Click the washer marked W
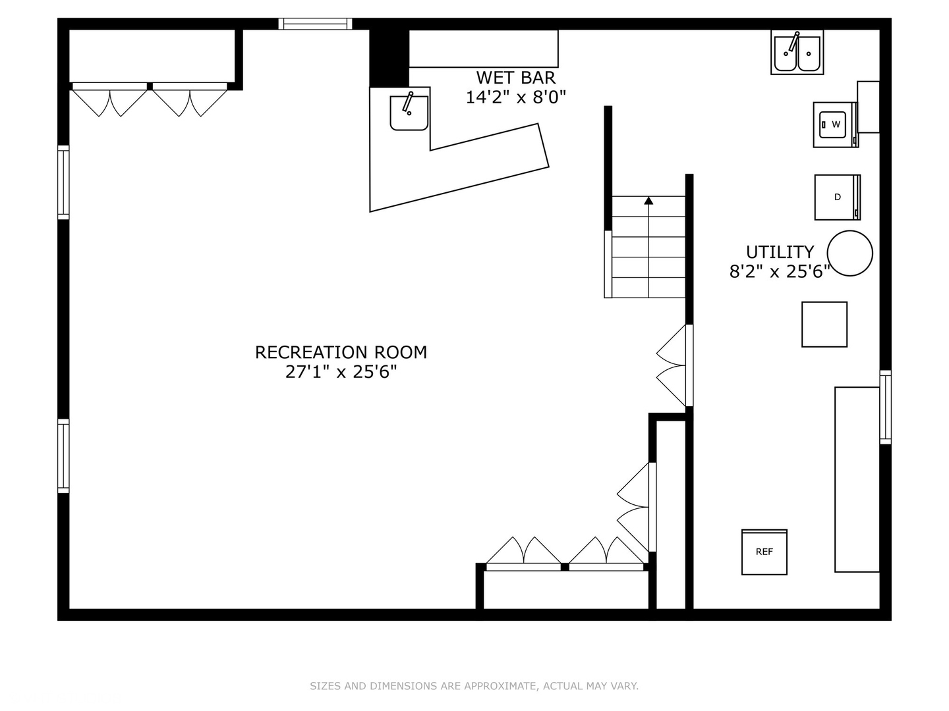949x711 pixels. tap(834, 124)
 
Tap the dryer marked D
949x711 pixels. tap(836, 197)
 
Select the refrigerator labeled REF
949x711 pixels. tap(764, 552)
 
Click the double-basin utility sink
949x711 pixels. tap(797, 53)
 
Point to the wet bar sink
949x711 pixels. tap(409, 113)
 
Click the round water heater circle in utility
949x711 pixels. tap(849, 253)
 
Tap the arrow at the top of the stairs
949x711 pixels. tap(648, 200)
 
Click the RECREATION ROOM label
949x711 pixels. tap(341, 352)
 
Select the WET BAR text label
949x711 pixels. tap(515, 78)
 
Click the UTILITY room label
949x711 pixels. tap(780, 252)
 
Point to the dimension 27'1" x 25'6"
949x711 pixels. tap(341, 372)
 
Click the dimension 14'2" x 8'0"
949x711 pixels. tap(515, 97)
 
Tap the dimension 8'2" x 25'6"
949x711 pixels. tap(779, 272)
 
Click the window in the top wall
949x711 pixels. tap(315, 24)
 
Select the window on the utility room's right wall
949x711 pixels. tap(885, 407)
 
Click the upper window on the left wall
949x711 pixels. tap(63, 182)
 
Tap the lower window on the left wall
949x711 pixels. tap(63, 456)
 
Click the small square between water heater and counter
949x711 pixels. tap(824, 324)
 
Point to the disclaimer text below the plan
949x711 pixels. tap(474, 686)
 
